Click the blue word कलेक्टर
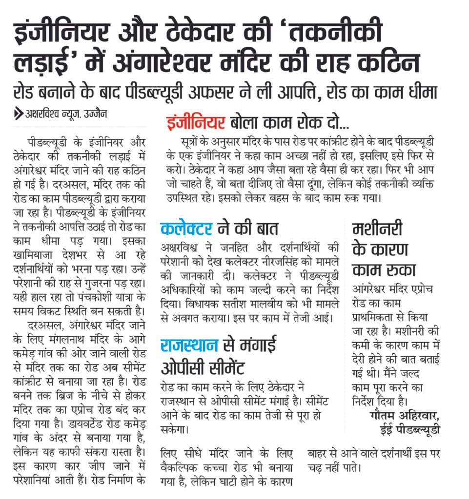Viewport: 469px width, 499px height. [x=186, y=228]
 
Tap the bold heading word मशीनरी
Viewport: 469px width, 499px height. [x=377, y=228]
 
